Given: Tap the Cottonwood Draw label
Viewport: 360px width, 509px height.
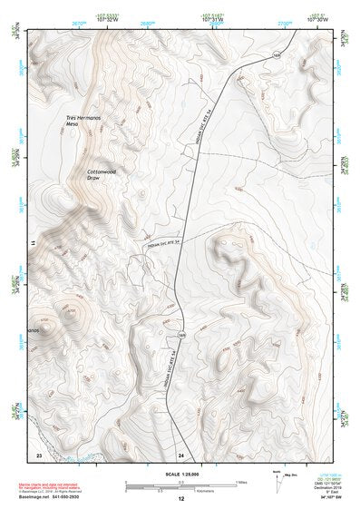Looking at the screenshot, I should [x=104, y=172].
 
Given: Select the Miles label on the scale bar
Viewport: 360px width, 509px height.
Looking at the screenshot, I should [x=240, y=482].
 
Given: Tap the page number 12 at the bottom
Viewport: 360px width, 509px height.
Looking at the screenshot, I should [x=180, y=499].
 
